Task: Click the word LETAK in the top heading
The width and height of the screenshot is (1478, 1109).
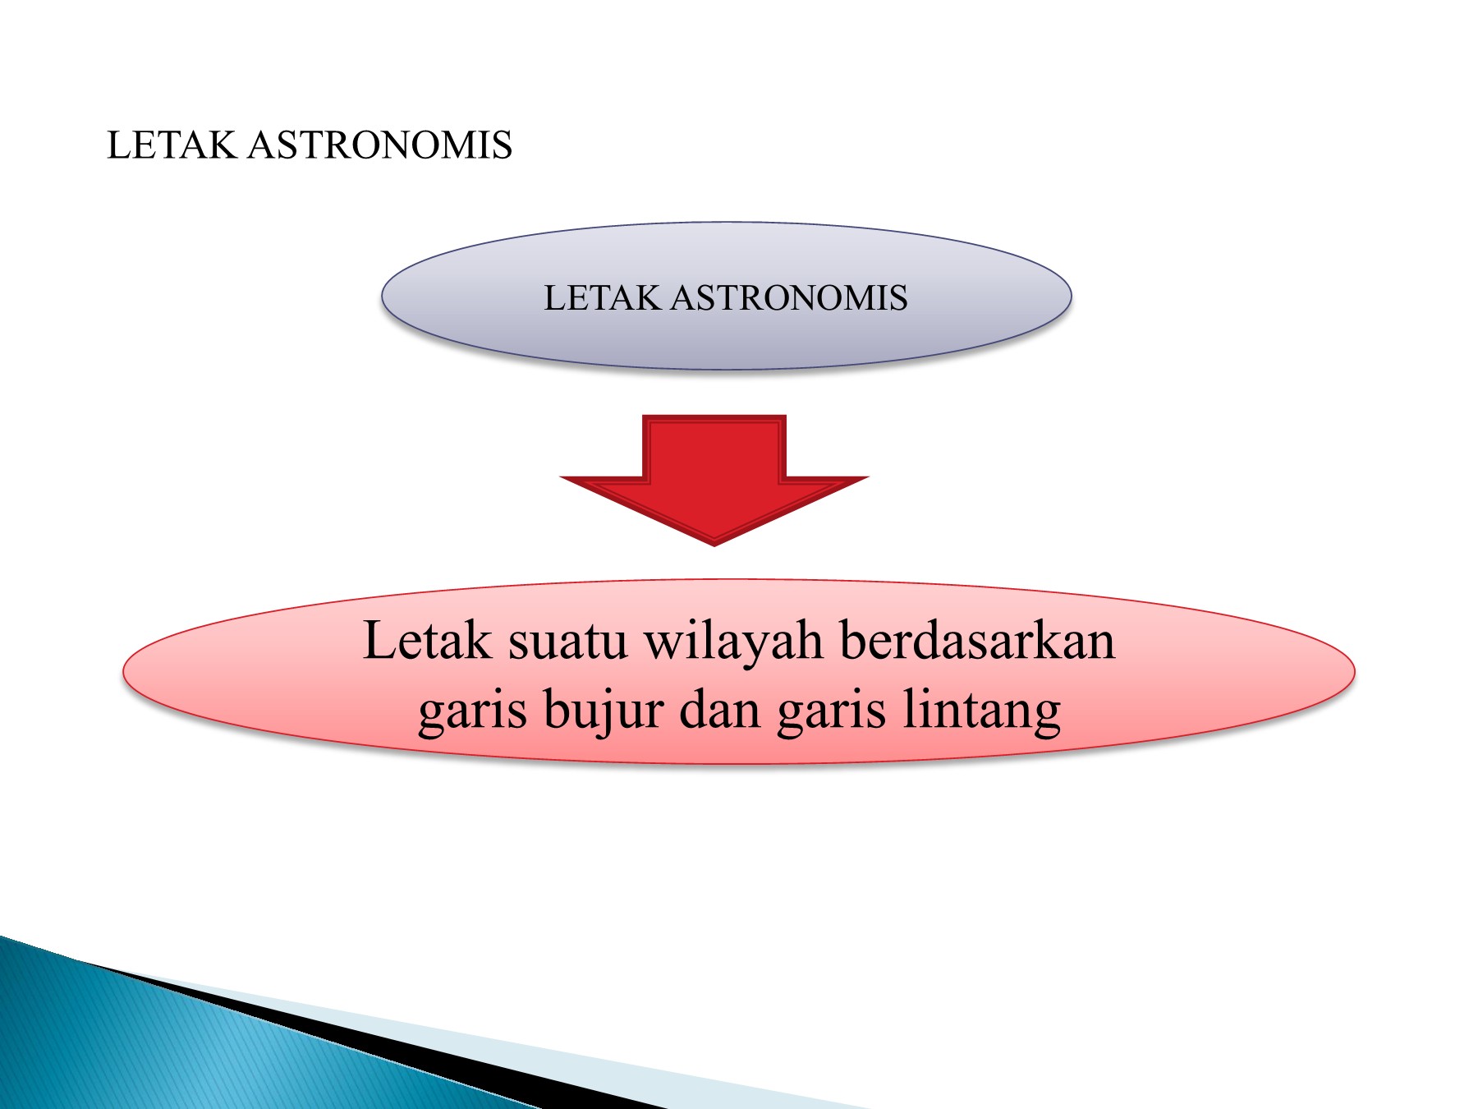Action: click(x=172, y=145)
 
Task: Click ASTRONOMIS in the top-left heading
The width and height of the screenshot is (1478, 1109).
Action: click(x=380, y=145)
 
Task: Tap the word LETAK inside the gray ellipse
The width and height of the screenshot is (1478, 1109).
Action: click(x=602, y=297)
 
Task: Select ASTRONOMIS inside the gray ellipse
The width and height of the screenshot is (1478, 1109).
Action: click(x=789, y=297)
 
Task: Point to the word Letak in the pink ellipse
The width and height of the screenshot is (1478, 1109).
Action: click(x=427, y=640)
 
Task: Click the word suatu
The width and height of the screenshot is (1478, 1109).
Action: click(x=567, y=642)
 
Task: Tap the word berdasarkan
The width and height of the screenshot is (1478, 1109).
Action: click(x=977, y=640)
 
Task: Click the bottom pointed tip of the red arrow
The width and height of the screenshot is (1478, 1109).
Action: click(x=714, y=545)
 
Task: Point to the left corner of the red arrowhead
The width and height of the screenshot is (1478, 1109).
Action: click(x=561, y=477)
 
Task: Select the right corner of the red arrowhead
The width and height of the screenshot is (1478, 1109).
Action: click(x=868, y=477)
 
